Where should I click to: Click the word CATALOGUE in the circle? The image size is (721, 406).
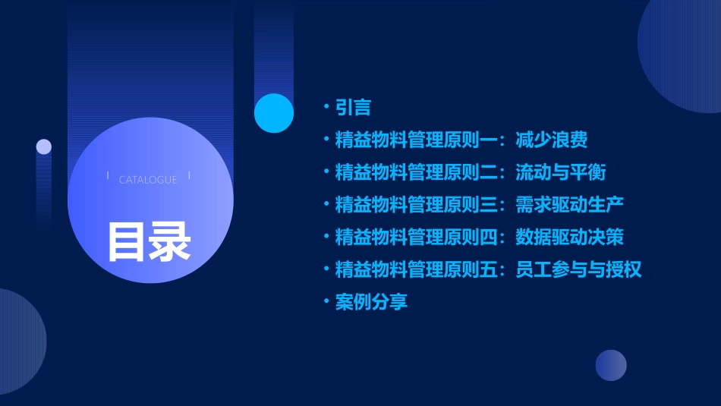[x=148, y=180]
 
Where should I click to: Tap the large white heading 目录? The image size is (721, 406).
[x=149, y=241]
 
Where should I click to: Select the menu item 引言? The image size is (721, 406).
[x=353, y=108]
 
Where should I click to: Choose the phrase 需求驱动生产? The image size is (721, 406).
[x=569, y=204]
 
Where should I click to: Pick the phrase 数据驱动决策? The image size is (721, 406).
[x=569, y=237]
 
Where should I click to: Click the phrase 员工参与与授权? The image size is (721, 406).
[x=578, y=269]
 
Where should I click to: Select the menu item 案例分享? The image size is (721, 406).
[x=371, y=301]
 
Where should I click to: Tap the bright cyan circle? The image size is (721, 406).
[x=274, y=113]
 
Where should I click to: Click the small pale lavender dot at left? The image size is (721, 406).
[x=44, y=146]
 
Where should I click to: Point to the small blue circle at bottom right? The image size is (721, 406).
[x=611, y=365]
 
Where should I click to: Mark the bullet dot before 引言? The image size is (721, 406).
[x=326, y=108]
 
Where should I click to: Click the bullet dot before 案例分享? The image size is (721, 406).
[x=326, y=301]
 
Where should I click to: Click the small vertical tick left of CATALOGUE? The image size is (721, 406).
[x=108, y=176]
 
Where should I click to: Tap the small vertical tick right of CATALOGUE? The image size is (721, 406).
[x=189, y=176]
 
